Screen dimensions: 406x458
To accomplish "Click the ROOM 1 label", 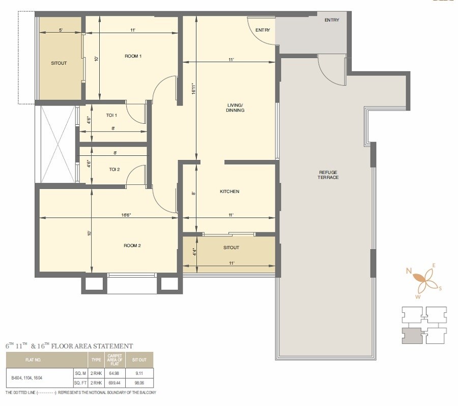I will pyautogui.click(x=133, y=56).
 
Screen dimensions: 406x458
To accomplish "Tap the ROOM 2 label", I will pyautogui.click(x=132, y=246).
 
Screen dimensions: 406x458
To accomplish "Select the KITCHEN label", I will pyautogui.click(x=229, y=192).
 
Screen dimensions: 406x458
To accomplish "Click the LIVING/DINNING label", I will pyautogui.click(x=236, y=107).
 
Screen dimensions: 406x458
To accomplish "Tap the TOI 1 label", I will pyautogui.click(x=112, y=115).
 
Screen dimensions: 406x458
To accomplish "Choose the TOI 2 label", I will pyautogui.click(x=114, y=169).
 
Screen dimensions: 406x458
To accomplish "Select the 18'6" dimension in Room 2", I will pyautogui.click(x=126, y=215).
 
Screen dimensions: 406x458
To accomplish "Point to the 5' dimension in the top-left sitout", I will pyautogui.click(x=61, y=31).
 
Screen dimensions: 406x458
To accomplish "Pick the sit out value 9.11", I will pyautogui.click(x=139, y=373).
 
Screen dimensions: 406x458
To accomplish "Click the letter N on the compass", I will pyautogui.click(x=409, y=271).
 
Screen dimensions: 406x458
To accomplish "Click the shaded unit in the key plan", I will pyautogui.click(x=411, y=336).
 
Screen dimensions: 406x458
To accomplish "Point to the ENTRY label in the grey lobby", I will pyautogui.click(x=331, y=20).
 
